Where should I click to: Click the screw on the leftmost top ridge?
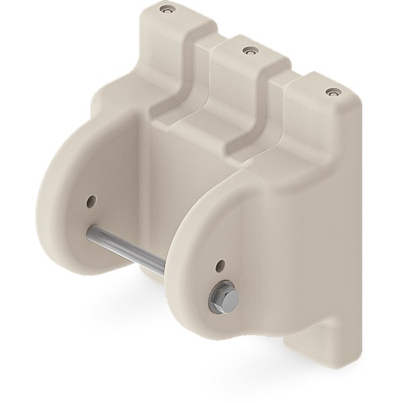(x=166, y=10)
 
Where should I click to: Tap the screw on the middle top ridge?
(x=249, y=50)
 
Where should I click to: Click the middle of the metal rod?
(x=128, y=249)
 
